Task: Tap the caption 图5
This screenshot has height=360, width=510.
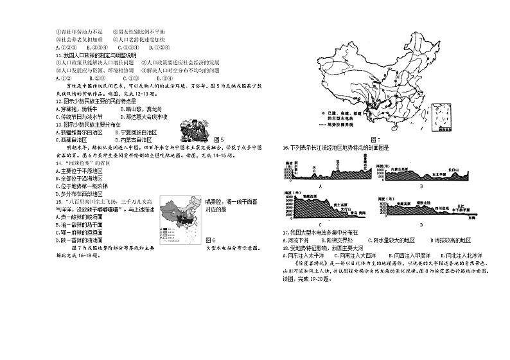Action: coord(217,139)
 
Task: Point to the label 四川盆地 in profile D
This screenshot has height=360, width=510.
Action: coord(445,209)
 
